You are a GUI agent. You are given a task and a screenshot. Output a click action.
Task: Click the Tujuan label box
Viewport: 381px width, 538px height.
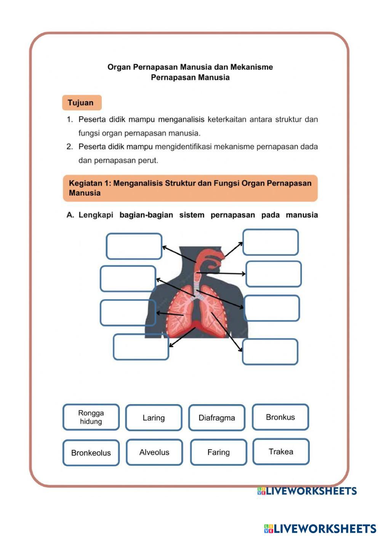(82, 103)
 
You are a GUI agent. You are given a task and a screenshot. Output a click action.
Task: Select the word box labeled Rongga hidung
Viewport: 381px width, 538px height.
(91, 417)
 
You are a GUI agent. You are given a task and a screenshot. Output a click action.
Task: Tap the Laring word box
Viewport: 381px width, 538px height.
(154, 418)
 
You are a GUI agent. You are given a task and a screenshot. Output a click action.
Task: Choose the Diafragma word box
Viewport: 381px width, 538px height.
(216, 418)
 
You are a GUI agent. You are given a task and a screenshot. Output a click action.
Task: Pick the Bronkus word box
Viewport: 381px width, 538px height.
(280, 417)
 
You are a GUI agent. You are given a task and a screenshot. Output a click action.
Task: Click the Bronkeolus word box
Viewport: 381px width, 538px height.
(91, 453)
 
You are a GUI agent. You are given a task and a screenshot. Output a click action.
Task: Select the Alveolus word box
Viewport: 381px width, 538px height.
(154, 452)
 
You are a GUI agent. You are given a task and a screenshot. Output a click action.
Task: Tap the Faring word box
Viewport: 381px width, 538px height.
(218, 452)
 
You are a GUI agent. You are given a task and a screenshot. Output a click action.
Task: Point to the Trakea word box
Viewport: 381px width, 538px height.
(281, 452)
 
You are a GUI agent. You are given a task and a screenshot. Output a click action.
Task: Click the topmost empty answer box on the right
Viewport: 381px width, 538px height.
(271, 242)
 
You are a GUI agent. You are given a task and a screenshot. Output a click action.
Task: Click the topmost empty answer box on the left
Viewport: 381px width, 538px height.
(134, 246)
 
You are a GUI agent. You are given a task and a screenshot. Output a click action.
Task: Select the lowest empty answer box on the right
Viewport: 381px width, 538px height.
(270, 352)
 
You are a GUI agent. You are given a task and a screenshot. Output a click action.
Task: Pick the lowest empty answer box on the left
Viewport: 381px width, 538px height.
(141, 347)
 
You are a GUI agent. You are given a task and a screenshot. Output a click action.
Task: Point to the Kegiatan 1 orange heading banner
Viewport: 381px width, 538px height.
(190, 188)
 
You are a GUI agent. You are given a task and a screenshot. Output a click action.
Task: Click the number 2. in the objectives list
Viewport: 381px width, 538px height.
(69, 147)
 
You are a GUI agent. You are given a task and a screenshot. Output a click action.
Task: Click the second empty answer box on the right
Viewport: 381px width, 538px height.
(273, 274)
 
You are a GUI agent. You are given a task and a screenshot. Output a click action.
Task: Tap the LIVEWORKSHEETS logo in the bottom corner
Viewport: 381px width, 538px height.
(320, 528)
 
